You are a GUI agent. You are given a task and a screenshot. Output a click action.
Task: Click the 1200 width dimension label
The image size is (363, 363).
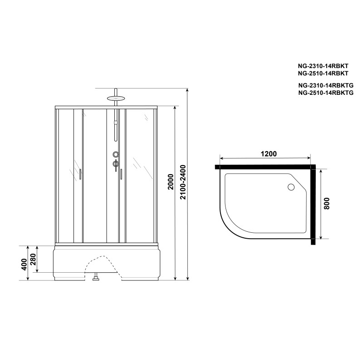pyautogui.click(x=269, y=154)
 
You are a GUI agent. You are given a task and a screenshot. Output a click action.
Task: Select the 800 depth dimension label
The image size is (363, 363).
pyautogui.click(x=326, y=203)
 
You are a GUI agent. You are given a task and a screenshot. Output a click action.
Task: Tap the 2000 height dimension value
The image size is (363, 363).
pyautogui.click(x=171, y=182)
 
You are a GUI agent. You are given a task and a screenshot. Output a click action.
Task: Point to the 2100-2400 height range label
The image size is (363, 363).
pyautogui.click(x=183, y=182)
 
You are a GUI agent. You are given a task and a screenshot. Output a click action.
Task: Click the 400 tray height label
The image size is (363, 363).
pyautogui.click(x=24, y=264)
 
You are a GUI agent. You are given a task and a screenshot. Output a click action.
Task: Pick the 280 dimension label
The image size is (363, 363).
pyautogui.click(x=33, y=260)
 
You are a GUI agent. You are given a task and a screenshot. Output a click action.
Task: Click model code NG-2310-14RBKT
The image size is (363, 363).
pyautogui.click(x=323, y=66)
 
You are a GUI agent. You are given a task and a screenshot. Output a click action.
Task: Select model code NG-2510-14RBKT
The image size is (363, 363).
pyautogui.click(x=323, y=73)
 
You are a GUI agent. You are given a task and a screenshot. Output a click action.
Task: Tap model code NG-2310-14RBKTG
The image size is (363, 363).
pyautogui.click(x=326, y=85)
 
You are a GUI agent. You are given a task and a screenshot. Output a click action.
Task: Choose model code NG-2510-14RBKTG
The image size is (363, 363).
pyautogui.click(x=326, y=93)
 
